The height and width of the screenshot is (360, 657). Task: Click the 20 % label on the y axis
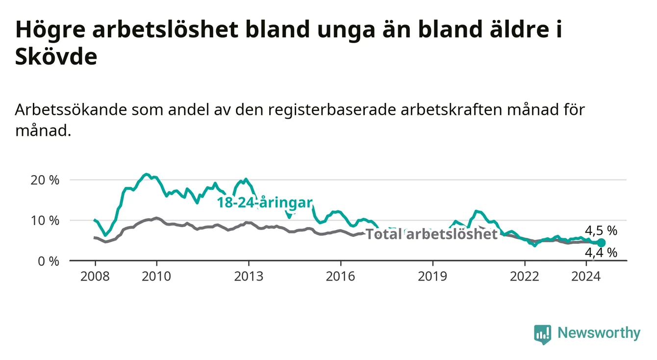coord(45,180)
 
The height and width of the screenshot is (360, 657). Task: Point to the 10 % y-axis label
coord(45,221)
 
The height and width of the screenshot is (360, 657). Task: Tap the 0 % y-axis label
coord(49,261)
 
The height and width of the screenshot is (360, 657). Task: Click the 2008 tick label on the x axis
coord(95,277)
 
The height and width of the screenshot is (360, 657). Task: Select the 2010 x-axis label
coord(156,277)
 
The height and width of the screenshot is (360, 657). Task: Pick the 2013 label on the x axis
coord(249,277)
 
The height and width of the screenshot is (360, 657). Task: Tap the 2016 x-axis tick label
coord(341,277)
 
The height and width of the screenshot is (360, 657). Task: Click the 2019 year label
coord(432,277)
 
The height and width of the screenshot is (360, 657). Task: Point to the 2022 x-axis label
coord(525,277)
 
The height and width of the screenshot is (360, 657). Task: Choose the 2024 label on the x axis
coord(586,277)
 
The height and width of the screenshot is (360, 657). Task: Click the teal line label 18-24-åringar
coord(265,203)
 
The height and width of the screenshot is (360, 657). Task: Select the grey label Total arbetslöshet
coord(432,234)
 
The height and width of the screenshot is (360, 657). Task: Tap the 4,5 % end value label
coord(601,231)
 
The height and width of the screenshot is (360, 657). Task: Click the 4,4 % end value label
coord(601,253)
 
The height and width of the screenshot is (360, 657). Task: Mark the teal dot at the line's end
coord(601,243)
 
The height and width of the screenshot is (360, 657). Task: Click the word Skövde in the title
coord(56,56)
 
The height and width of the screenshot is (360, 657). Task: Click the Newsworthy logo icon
coord(543,334)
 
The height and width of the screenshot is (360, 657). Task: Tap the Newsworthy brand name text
coord(599,333)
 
